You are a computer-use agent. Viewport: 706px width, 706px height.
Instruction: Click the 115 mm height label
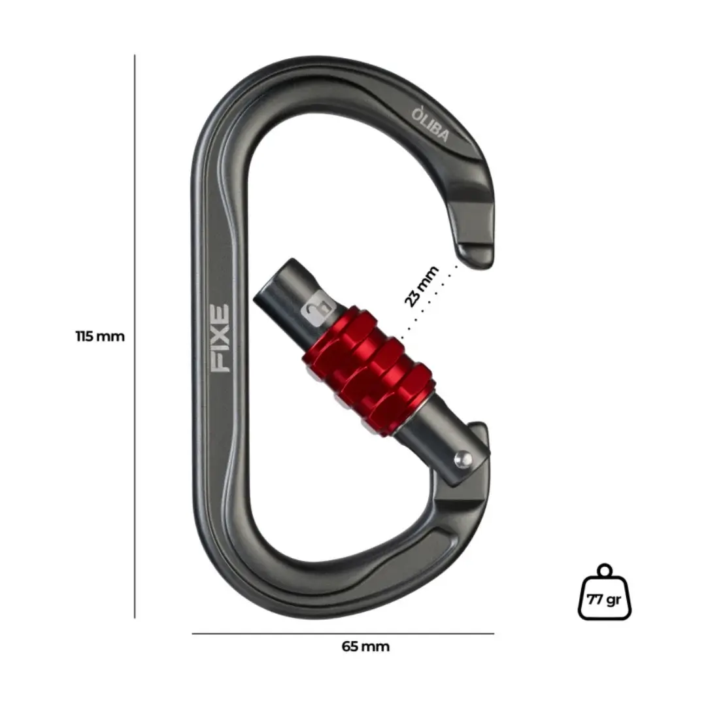tap(100, 337)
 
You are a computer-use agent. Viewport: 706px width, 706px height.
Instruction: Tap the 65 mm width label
tap(365, 647)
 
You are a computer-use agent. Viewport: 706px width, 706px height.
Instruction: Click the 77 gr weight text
tap(604, 599)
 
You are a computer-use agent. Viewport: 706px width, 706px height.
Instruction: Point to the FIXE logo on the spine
tap(221, 339)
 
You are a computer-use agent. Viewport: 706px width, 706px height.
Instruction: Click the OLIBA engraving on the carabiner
tap(430, 124)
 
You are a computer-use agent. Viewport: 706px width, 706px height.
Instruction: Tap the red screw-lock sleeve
tap(367, 373)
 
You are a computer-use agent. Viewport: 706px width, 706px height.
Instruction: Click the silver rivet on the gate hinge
tap(462, 460)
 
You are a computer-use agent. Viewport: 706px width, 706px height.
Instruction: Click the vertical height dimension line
tap(135, 337)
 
